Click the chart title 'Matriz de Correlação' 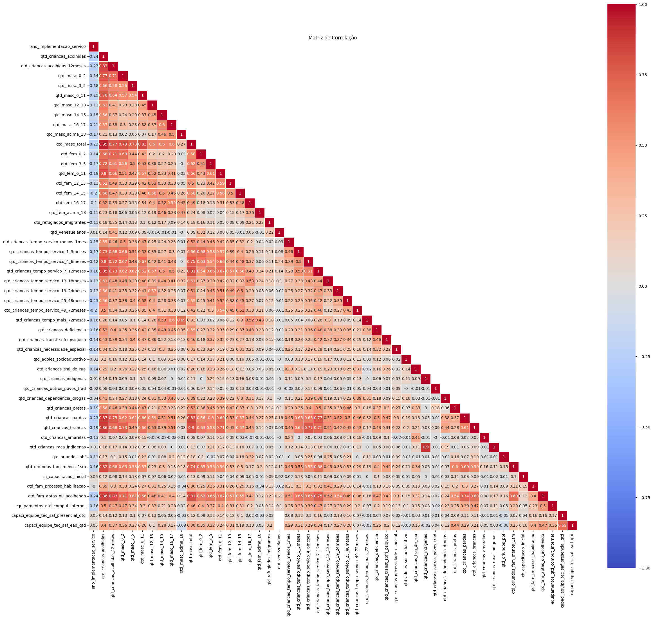coord(333,38)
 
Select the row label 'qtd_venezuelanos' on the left coord(68,232)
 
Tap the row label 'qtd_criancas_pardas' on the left coord(65,418)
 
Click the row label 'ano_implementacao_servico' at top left coord(58,46)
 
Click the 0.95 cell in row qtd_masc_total coord(103,144)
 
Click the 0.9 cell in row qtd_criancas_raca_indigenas coord(425,447)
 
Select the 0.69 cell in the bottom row coord(562,525)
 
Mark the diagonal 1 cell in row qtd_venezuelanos coord(279,232)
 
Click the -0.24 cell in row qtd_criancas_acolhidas coord(94,56)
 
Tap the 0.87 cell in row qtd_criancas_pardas coord(103,418)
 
